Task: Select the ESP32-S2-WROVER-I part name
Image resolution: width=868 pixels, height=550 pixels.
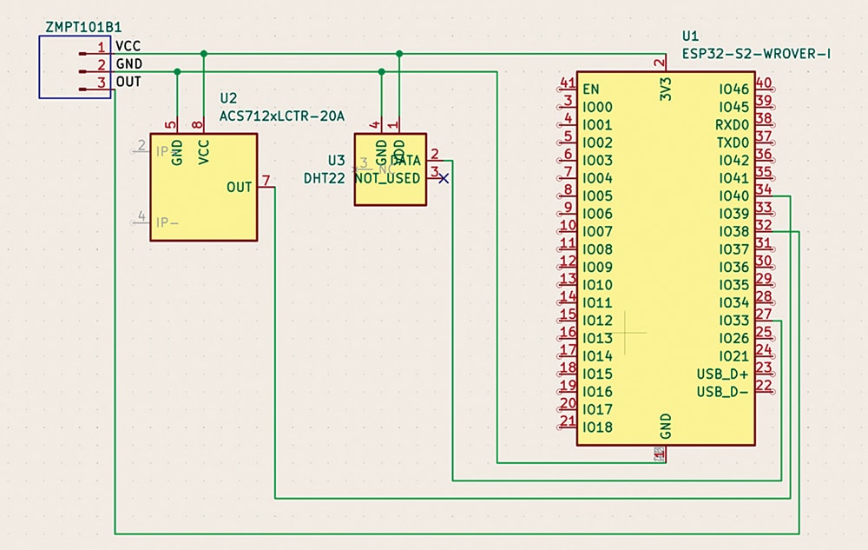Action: click(x=757, y=54)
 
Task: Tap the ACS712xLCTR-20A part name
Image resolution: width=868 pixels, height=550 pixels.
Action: click(x=282, y=116)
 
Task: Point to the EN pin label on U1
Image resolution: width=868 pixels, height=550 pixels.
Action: click(x=591, y=89)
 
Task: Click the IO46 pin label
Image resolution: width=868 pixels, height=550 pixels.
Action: click(x=733, y=89)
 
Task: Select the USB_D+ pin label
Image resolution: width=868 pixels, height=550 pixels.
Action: click(x=722, y=374)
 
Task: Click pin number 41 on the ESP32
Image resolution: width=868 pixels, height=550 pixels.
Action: click(x=568, y=83)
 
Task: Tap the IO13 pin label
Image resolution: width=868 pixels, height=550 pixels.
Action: click(x=598, y=338)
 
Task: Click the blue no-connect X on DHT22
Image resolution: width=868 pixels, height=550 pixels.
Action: click(x=444, y=178)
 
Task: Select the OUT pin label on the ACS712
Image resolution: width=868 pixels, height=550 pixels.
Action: click(x=239, y=187)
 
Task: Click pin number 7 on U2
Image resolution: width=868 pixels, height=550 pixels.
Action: click(x=266, y=181)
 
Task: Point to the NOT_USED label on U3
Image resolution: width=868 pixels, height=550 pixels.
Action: click(x=387, y=178)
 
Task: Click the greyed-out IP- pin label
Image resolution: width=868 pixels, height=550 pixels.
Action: click(x=168, y=222)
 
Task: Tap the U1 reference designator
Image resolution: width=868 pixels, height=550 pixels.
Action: click(x=690, y=36)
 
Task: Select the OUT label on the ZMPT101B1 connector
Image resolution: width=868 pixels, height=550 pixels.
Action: click(x=128, y=82)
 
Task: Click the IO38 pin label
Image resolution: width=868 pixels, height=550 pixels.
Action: click(x=733, y=231)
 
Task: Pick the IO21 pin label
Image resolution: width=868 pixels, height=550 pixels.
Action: click(x=733, y=356)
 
